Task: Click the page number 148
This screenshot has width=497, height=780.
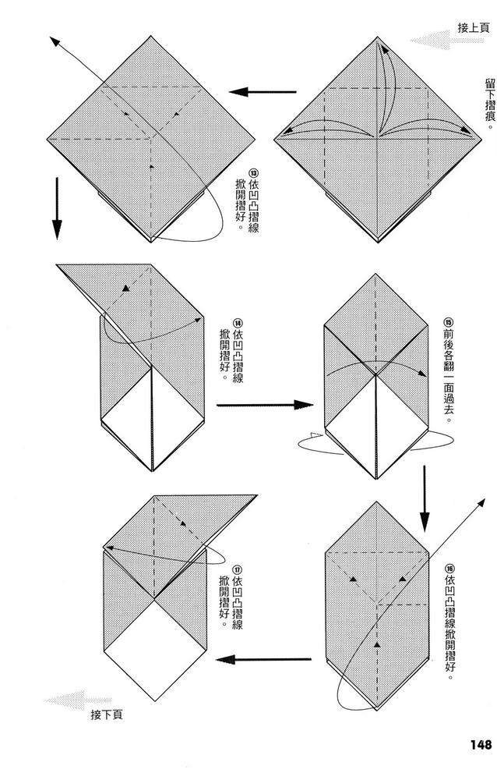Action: pos(480,744)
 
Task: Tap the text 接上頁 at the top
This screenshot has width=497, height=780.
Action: pos(474,28)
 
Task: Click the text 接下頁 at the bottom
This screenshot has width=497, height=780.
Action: pos(107,714)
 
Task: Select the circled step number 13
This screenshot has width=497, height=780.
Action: pos(253,174)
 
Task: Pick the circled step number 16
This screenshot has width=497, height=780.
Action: pos(449,569)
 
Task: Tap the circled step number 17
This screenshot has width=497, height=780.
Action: pos(237,569)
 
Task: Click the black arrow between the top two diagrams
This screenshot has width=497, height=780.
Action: pos(263,92)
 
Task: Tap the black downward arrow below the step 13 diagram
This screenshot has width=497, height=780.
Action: pos(58,208)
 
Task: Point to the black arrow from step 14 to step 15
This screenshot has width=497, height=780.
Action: pos(264,405)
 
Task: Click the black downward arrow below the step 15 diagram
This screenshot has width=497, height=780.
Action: pos(424,499)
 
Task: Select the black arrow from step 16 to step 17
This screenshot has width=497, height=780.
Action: pos(263,660)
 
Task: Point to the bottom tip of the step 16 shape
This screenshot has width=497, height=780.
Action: pos(377,710)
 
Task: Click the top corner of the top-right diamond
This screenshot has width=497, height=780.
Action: pos(379,37)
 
